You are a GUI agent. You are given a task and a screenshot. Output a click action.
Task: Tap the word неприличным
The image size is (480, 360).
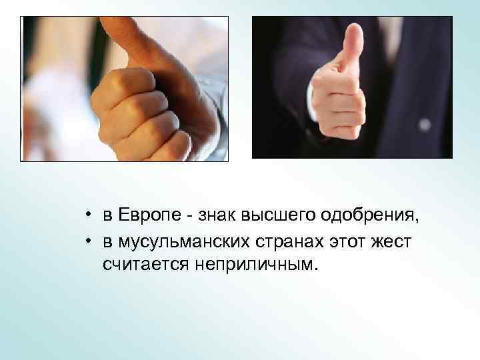pyautogui.click(x=253, y=265)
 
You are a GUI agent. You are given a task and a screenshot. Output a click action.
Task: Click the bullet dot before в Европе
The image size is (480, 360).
pyautogui.click(x=88, y=217)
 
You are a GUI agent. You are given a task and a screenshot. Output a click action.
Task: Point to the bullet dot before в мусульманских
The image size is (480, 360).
pyautogui.click(x=88, y=241)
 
